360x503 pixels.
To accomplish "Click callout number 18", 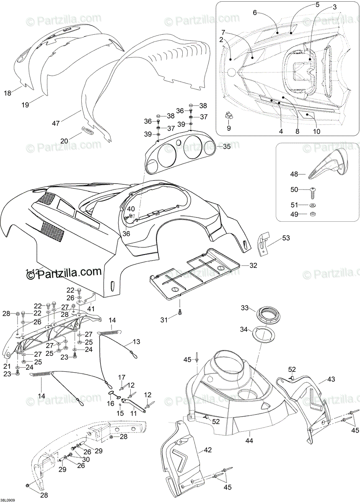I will tap(8, 93).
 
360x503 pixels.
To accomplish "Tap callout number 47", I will tap(56, 123).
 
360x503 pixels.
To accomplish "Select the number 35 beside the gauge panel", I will tap(227, 147).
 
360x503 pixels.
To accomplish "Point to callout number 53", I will tap(286, 238).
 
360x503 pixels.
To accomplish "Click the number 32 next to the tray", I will tap(253, 265).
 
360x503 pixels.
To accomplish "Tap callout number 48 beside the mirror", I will tap(294, 173).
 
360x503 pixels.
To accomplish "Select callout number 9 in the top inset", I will tap(229, 129).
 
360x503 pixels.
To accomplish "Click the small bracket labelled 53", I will tap(264, 243).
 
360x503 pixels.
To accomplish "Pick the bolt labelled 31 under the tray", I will tap(180, 312).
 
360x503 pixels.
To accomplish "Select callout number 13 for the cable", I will tap(136, 342).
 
